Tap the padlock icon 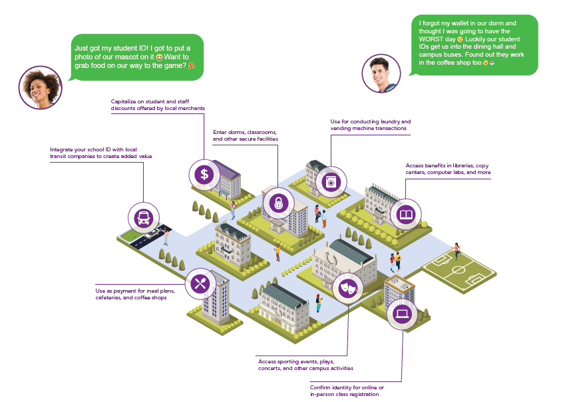277,203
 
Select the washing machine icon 331,181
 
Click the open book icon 405,215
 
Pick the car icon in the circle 143,217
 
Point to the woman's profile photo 40,87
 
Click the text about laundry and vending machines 371,125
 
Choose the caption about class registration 346,391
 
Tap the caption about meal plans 130,294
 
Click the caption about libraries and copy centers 448,169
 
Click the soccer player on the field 457,251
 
